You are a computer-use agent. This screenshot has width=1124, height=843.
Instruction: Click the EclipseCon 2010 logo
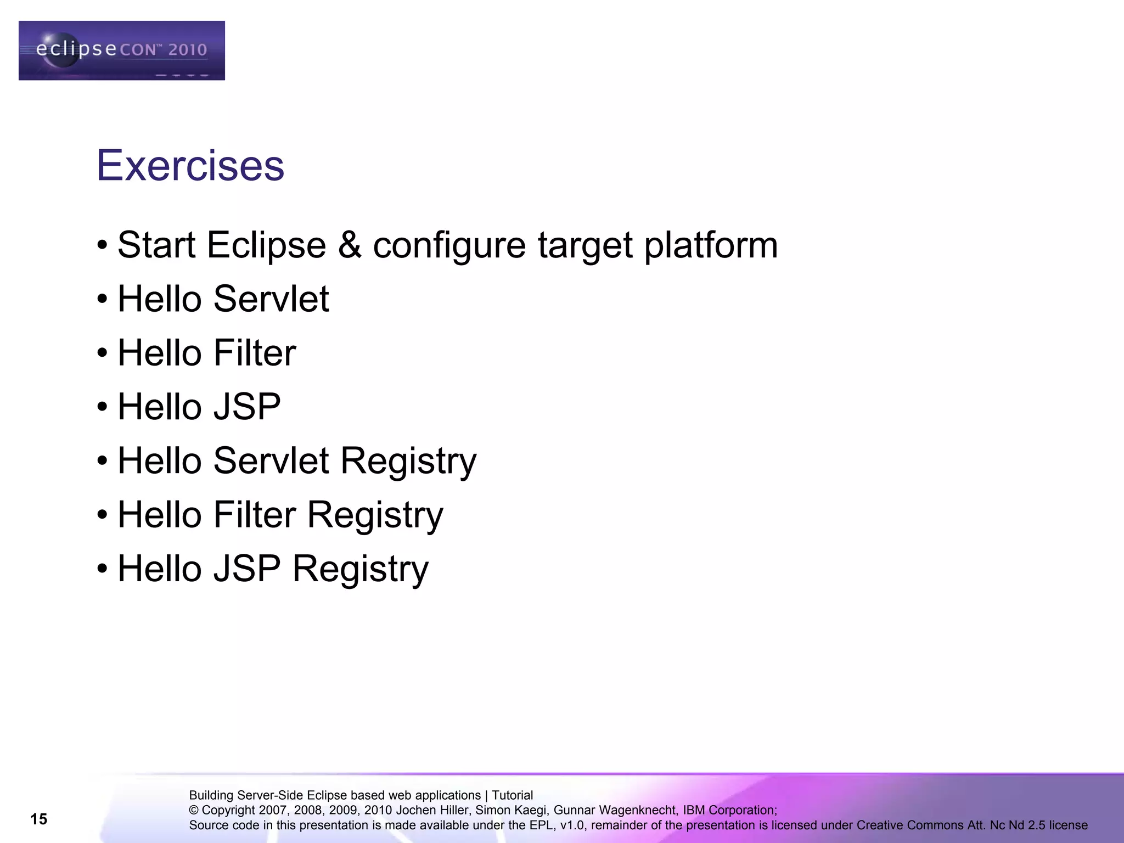click(x=121, y=50)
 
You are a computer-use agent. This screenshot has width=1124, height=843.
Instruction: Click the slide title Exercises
click(x=190, y=165)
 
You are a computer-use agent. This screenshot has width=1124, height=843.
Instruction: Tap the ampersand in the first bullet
click(x=350, y=245)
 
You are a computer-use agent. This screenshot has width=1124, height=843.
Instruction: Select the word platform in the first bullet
click(x=711, y=245)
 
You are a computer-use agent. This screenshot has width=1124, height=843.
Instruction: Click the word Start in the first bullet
click(x=156, y=245)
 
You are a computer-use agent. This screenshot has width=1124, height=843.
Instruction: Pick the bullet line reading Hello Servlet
click(x=223, y=299)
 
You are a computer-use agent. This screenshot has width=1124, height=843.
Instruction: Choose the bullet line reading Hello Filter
click(x=206, y=353)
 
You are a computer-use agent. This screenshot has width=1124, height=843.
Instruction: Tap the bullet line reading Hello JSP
click(x=199, y=407)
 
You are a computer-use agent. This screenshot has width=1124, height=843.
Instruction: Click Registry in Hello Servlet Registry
click(x=408, y=461)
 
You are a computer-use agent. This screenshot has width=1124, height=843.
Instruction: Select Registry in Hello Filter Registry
click(x=375, y=515)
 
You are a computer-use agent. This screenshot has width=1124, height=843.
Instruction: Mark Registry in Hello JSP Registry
click(x=361, y=569)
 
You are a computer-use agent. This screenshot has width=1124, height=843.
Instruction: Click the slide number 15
click(x=39, y=819)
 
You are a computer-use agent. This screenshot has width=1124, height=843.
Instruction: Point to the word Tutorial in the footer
click(x=512, y=795)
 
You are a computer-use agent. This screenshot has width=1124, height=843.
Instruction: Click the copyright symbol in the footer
click(x=194, y=811)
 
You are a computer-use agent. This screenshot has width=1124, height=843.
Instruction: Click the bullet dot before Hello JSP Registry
click(x=102, y=569)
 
